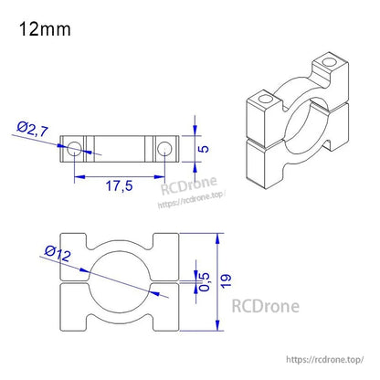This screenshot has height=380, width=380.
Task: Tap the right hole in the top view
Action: pos(164,148)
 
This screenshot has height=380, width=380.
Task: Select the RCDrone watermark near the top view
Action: pos(188,189)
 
